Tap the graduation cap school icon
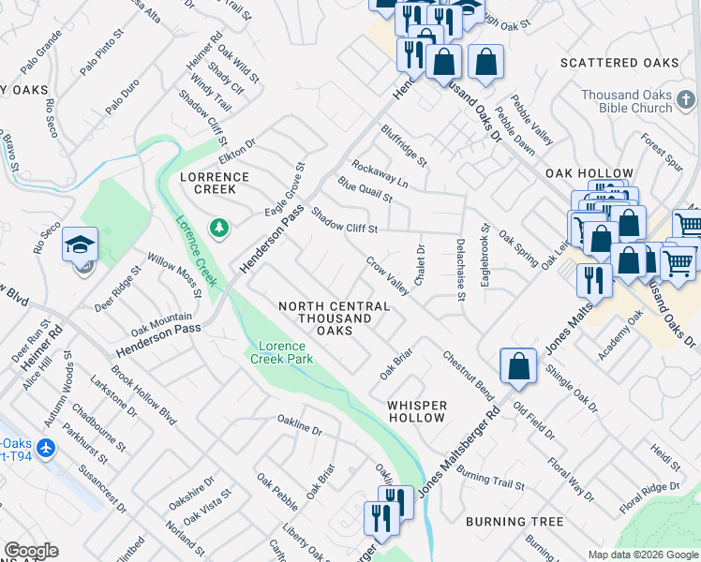[x=81, y=245]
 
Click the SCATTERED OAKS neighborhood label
[x=619, y=63]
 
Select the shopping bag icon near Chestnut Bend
[x=518, y=367]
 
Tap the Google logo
[x=31, y=550]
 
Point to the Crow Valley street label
[x=386, y=276]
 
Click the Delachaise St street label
[x=461, y=269]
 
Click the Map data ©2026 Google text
[x=642, y=554]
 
